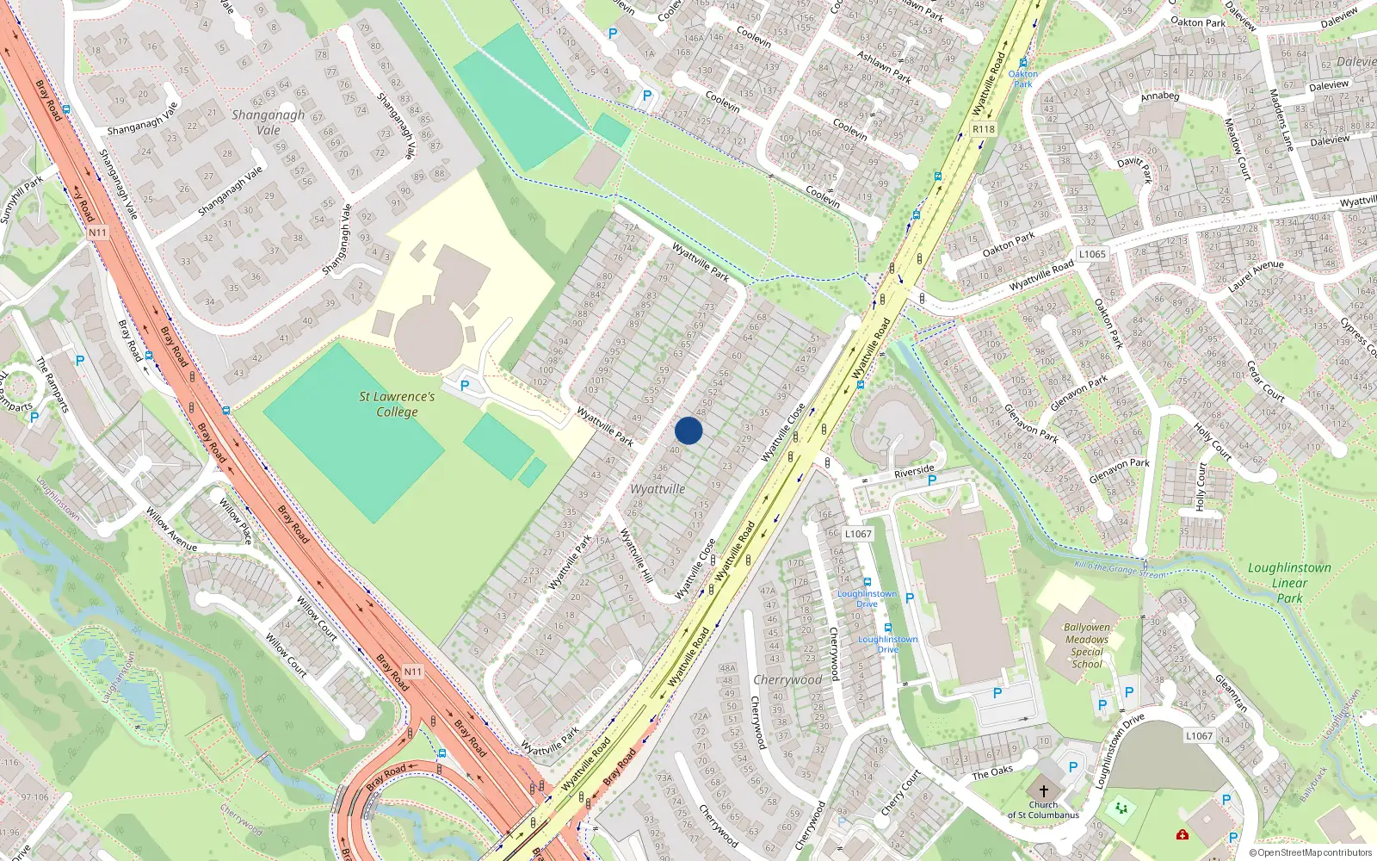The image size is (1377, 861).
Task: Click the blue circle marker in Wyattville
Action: pyautogui.click(x=688, y=430)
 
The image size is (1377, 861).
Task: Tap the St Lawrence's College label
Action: pyautogui.click(x=397, y=404)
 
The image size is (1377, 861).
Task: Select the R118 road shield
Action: pyautogui.click(x=983, y=129)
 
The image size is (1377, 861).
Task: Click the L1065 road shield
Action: pyautogui.click(x=1092, y=254)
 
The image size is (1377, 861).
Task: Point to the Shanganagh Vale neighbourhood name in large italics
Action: pyautogui.click(x=268, y=122)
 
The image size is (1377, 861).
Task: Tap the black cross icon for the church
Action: pyautogui.click(x=1044, y=790)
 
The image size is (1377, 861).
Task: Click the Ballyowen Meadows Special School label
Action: pyautogui.click(x=1087, y=646)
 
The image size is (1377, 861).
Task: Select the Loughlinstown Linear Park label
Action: pyautogui.click(x=1289, y=583)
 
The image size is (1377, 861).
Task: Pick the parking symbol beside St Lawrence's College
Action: pyautogui.click(x=465, y=386)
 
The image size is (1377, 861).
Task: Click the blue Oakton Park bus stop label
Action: pyautogui.click(x=1022, y=79)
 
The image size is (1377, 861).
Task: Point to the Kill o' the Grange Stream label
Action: pyautogui.click(x=1121, y=569)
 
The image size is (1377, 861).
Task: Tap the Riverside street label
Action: pyautogui.click(x=914, y=471)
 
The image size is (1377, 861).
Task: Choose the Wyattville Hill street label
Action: pyautogui.click(x=637, y=556)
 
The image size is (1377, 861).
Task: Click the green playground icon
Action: pyautogui.click(x=1121, y=808)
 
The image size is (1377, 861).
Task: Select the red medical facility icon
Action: pyautogui.click(x=1182, y=834)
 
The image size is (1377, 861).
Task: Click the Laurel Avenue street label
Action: pyautogui.click(x=1256, y=276)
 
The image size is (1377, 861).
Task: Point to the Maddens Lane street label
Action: pyautogui.click(x=1281, y=120)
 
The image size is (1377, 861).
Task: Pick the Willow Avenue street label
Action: pyautogui.click(x=170, y=530)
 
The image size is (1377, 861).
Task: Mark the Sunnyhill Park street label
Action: pyautogui.click(x=21, y=201)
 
